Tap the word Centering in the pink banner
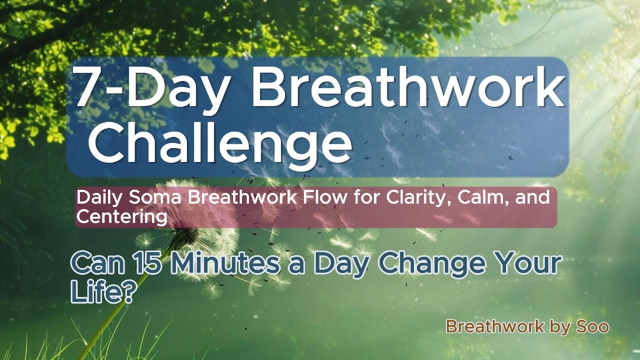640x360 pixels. click(121, 216)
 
